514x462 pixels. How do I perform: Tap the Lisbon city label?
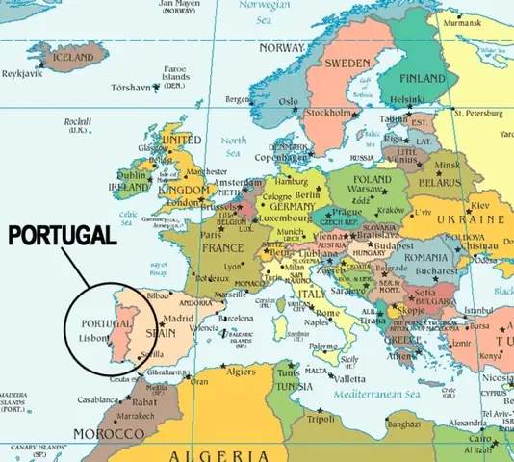coord(94,339)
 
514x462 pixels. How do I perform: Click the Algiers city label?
coord(240,371)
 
